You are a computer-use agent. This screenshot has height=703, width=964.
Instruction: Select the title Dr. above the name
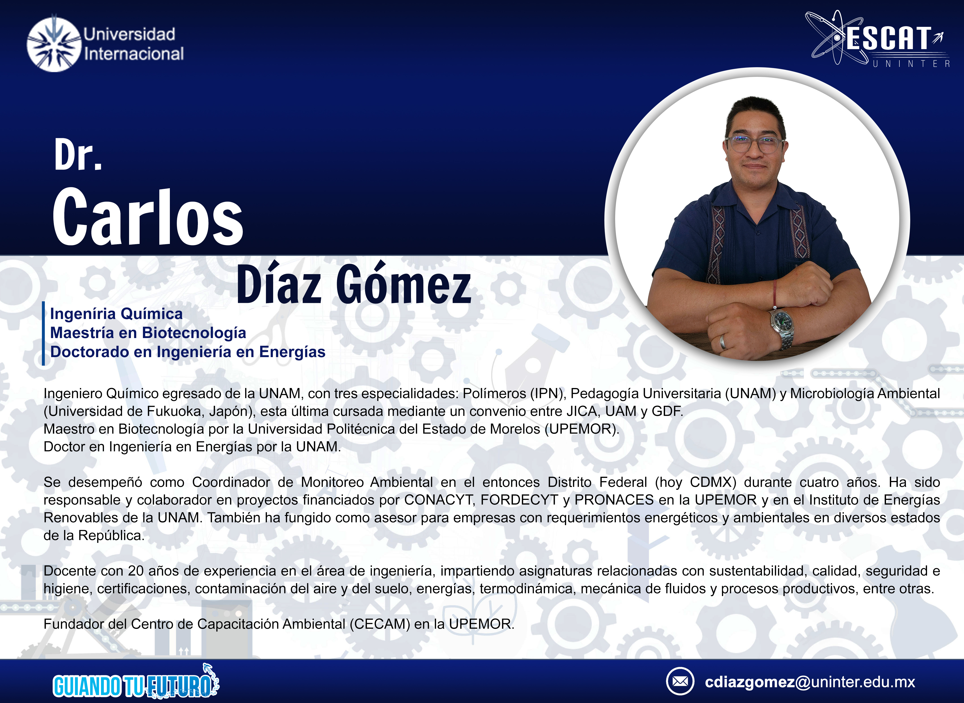[78, 155]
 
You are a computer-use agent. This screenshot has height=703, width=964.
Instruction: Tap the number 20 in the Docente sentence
[136, 571]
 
